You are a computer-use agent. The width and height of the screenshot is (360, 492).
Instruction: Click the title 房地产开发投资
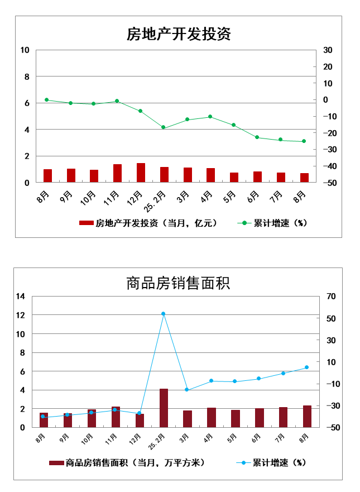coord(179,34)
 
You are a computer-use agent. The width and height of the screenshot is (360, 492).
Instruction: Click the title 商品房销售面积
coord(179,283)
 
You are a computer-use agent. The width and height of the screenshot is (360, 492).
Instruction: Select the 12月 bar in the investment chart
coord(141,173)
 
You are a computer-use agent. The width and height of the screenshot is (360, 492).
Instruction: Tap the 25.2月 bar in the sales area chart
coord(164,408)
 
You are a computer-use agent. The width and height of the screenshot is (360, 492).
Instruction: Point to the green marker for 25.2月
coord(164,127)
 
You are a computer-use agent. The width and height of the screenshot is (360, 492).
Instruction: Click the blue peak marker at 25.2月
coord(164,314)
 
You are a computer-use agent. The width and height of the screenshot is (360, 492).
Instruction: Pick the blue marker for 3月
coord(187,390)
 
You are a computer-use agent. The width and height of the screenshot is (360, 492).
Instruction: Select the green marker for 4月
coord(210,117)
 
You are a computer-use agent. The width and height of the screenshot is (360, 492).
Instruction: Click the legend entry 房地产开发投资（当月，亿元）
coord(148,223)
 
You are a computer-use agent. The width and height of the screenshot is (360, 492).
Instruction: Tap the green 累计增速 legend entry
coord(273,223)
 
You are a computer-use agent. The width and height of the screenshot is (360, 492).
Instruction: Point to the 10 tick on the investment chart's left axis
coord(25,50)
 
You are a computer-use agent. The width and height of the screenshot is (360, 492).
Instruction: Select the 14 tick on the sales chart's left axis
coord(21,297)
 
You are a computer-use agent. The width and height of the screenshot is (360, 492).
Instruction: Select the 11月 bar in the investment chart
coord(117,173)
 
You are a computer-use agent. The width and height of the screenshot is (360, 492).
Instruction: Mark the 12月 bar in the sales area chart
coord(140,421)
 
